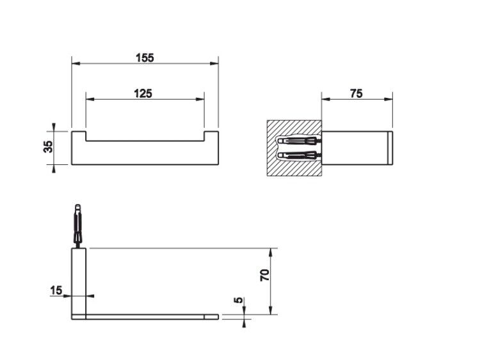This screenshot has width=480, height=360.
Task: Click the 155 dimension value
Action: click(x=145, y=58)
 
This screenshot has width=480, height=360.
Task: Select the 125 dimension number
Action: click(x=143, y=93)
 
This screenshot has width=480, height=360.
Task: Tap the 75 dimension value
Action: click(x=356, y=93)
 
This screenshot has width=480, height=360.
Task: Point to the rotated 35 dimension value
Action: click(x=49, y=147)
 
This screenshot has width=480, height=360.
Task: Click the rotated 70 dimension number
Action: click(x=265, y=276)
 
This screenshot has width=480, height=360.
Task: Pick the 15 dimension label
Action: click(x=56, y=290)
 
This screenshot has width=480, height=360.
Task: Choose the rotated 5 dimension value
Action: click(x=239, y=300)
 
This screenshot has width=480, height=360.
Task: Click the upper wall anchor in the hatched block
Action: click(x=298, y=141)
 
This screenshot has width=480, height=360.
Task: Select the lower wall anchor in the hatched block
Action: click(x=298, y=155)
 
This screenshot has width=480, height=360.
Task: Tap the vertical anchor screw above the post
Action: click(x=78, y=226)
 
